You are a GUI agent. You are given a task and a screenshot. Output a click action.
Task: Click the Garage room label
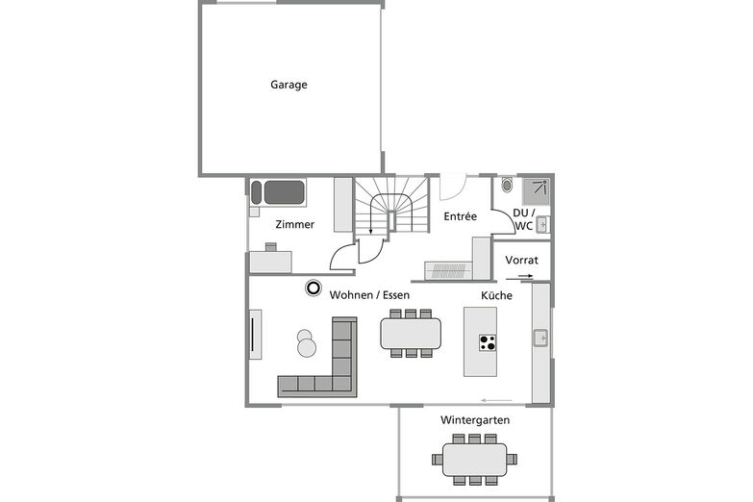[x=289, y=85]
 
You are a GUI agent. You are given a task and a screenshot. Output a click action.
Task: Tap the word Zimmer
[x=295, y=224]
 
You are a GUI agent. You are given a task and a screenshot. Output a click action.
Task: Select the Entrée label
[x=460, y=216]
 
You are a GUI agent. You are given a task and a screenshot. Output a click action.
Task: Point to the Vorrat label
[x=521, y=260]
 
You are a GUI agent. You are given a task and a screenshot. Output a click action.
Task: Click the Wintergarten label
[x=475, y=420]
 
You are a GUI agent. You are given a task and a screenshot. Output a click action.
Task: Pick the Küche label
[x=496, y=295]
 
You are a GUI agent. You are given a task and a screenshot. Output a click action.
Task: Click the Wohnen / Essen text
[x=369, y=295]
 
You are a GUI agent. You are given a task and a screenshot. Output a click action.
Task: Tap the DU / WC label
[x=523, y=219]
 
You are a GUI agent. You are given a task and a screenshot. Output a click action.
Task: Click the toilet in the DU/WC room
[x=507, y=185]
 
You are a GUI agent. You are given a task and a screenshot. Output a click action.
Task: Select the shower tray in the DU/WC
[x=536, y=191]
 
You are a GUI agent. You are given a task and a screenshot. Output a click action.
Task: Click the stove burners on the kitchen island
[x=488, y=342]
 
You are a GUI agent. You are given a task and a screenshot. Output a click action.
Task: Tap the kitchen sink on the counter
[x=540, y=339]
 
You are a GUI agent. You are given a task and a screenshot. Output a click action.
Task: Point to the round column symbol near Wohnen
[x=314, y=288]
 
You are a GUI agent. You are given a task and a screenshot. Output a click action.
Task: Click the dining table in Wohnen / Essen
[x=411, y=334]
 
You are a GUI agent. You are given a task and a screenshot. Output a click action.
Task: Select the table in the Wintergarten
[x=474, y=460]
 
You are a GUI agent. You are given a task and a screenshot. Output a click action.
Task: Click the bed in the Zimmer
[x=278, y=192]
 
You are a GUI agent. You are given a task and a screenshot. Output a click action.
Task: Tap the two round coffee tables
[x=306, y=343]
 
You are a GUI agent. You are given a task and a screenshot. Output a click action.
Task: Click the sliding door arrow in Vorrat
[x=519, y=277]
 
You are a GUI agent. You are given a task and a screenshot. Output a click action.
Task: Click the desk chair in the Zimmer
[x=271, y=247]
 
